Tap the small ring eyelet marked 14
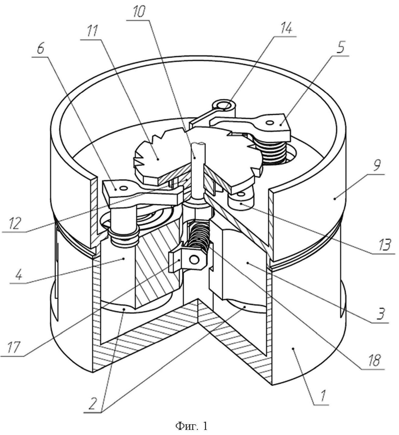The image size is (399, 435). (224, 105)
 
